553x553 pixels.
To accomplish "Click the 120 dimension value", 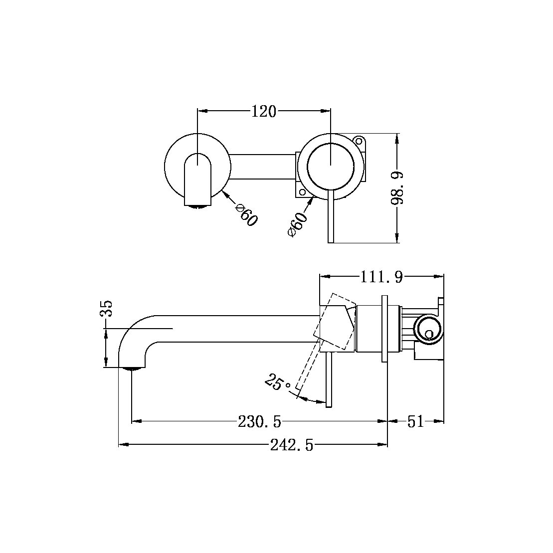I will [x=263, y=112].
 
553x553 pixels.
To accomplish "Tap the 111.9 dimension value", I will [x=381, y=277].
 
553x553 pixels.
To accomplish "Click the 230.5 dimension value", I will [x=259, y=422].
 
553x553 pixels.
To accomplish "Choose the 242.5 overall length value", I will [x=292, y=445].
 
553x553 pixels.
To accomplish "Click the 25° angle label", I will [x=278, y=383].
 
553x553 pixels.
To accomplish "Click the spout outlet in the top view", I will [x=198, y=204].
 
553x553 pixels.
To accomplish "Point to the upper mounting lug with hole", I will [x=359, y=140].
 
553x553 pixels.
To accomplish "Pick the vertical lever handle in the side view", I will [x=328, y=379].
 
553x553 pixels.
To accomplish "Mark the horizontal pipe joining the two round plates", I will [x=263, y=166].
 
